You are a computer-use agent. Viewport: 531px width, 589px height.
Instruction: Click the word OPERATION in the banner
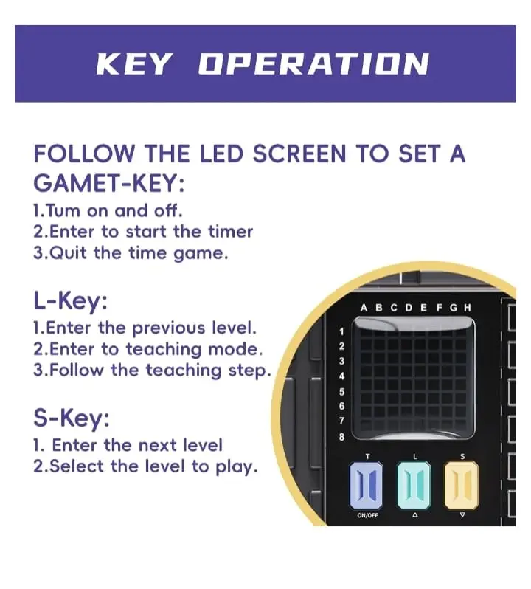pyautogui.click(x=313, y=64)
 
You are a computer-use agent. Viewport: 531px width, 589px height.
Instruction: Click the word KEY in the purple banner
pyautogui.click(x=135, y=64)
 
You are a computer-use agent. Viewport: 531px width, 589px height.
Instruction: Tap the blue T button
pyautogui.click(x=367, y=486)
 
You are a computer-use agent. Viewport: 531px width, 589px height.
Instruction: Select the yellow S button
pyautogui.click(x=462, y=486)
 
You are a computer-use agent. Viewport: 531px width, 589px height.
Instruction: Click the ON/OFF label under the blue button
pyautogui.click(x=367, y=515)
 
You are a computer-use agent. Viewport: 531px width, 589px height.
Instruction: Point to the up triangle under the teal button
pyautogui.click(x=414, y=515)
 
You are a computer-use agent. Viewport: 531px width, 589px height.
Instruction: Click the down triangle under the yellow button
pyautogui.click(x=462, y=515)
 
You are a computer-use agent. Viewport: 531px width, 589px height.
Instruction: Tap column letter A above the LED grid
pyautogui.click(x=364, y=308)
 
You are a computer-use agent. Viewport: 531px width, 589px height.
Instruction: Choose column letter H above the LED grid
pyautogui.click(x=467, y=308)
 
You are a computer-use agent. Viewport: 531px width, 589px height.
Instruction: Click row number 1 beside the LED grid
pyautogui.click(x=341, y=331)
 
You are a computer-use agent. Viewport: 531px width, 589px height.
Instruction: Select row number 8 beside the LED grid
pyautogui.click(x=341, y=437)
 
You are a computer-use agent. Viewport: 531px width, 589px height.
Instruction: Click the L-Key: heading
pyautogui.click(x=70, y=301)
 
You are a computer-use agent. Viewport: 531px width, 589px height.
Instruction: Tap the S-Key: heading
pyautogui.click(x=72, y=418)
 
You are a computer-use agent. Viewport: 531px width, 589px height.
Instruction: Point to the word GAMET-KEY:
pyautogui.click(x=109, y=183)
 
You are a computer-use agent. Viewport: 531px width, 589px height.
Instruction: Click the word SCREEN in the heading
pyautogui.click(x=299, y=154)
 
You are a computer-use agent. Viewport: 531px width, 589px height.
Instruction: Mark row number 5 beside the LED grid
pyautogui.click(x=341, y=392)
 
